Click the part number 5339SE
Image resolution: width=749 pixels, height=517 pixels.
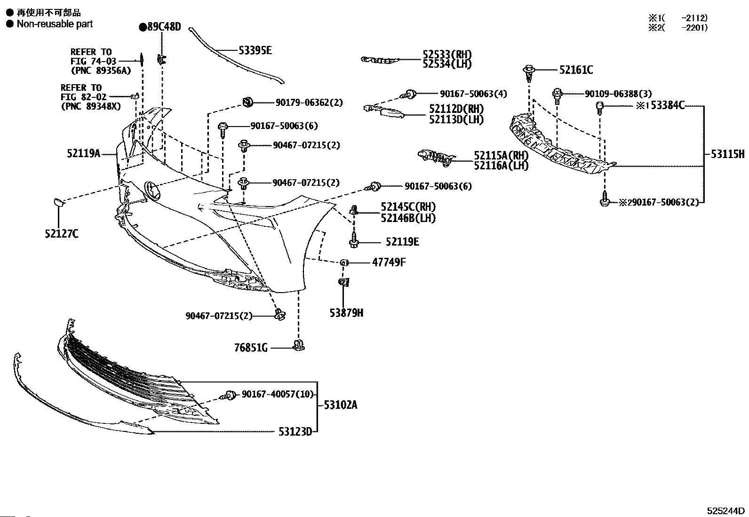click(255, 50)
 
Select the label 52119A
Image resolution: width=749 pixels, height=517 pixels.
click(84, 153)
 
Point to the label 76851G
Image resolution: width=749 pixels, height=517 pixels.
click(251, 348)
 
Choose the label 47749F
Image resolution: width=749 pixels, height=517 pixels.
click(389, 262)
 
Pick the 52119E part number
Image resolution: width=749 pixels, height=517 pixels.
click(402, 242)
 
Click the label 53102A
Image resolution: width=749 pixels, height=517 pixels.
click(340, 405)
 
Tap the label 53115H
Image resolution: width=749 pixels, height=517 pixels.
click(727, 154)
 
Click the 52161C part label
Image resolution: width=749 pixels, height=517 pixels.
click(576, 70)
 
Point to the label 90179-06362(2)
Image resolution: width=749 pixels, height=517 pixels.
click(309, 102)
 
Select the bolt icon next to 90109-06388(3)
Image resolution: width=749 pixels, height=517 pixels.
click(558, 95)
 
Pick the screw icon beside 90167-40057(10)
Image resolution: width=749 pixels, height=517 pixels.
click(231, 395)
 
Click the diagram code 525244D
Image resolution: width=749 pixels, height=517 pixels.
click(725, 511)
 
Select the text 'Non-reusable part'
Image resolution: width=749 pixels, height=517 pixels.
click(55, 24)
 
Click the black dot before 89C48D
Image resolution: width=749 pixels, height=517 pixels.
click(143, 27)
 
